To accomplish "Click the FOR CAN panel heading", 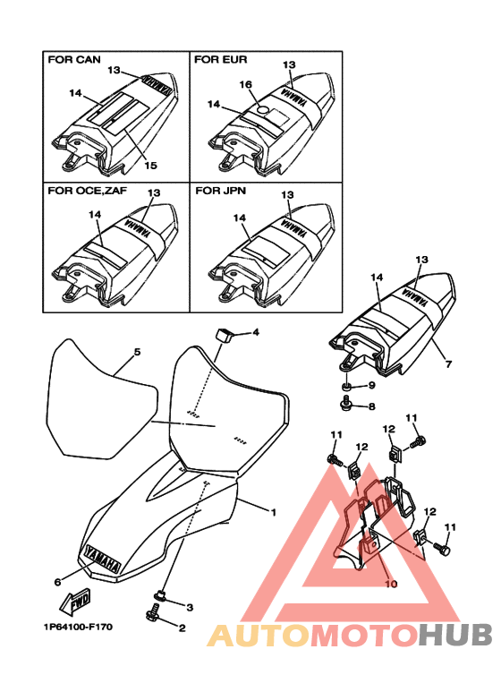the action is (x=74, y=60).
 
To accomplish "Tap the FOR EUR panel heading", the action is (x=220, y=60).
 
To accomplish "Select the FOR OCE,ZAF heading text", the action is (x=88, y=191).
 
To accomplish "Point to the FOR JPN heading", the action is (x=220, y=191).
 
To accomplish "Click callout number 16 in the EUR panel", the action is (x=246, y=84).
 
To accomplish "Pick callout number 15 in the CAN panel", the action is (x=150, y=165).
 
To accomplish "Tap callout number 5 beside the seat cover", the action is (x=137, y=352).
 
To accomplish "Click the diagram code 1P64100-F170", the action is (x=78, y=627).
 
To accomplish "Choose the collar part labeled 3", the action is (x=159, y=596).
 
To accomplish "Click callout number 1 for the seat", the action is (x=274, y=512).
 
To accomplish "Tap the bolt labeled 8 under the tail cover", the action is (x=345, y=402).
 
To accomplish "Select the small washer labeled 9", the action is (x=345, y=387).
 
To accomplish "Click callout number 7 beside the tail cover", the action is (x=448, y=364).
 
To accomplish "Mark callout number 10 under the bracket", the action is (x=391, y=584).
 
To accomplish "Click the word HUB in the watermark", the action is (x=454, y=635).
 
